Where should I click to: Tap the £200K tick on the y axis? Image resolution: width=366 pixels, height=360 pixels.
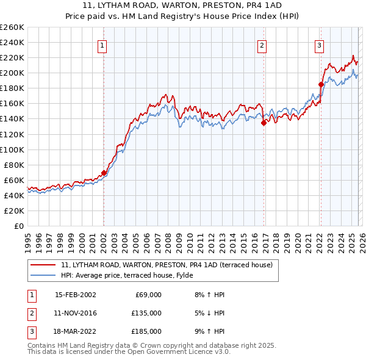point(12,73)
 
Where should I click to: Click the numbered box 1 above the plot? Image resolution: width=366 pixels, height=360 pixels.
point(102,45)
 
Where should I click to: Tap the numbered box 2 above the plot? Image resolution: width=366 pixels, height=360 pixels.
point(262,45)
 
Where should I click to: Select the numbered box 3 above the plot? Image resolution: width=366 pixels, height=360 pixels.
point(319,45)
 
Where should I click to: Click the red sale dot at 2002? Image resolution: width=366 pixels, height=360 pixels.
point(104,173)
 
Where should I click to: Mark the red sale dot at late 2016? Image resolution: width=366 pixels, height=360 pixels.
point(264,122)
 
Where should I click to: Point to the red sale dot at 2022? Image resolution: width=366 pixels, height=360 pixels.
point(321,84)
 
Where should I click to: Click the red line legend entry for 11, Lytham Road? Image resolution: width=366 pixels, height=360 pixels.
point(170,265)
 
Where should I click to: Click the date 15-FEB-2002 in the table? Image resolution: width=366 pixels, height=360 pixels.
point(75,295)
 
